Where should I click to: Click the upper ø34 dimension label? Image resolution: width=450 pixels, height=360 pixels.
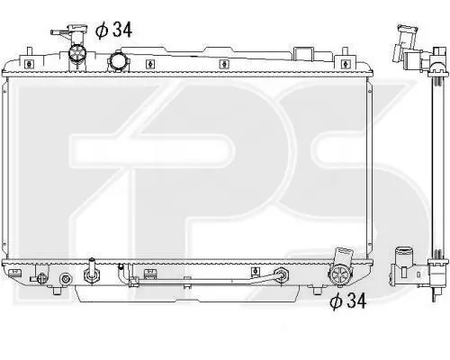(113, 31)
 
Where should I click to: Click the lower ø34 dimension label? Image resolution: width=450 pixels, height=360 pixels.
(348, 301)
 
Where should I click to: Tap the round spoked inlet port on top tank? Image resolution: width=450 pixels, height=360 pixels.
(77, 53)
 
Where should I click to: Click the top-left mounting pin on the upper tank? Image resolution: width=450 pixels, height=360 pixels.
(29, 50)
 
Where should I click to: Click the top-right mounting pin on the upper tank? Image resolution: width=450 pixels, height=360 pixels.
(346, 51)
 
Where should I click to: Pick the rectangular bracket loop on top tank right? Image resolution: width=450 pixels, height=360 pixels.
(304, 54)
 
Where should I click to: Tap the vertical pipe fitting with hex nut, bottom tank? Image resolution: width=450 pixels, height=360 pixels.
(91, 271)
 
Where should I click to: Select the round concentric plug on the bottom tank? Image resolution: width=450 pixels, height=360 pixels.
(66, 279)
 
